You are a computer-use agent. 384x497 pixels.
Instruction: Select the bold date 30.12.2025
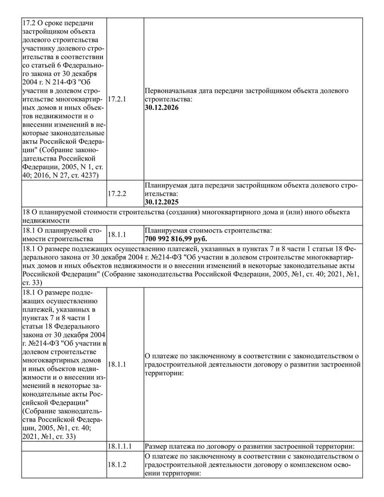pyautogui.click(x=161, y=202)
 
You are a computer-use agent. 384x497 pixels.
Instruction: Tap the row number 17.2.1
pyautogui.click(x=116, y=99)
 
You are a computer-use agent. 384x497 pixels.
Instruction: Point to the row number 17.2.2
pyautogui.click(x=116, y=193)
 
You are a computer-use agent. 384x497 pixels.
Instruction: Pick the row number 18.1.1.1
pyautogui.click(x=120, y=446)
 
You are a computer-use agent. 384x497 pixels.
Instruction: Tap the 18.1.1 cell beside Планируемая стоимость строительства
pyautogui.click(x=116, y=234)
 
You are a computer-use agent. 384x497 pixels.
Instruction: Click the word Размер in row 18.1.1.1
pyautogui.click(x=156, y=446)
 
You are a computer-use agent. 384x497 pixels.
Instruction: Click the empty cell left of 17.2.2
pyautogui.click(x=64, y=193)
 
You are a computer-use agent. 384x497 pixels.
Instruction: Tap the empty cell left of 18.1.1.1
pyautogui.click(x=64, y=446)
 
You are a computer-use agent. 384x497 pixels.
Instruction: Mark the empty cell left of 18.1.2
pyautogui.click(x=64, y=465)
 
